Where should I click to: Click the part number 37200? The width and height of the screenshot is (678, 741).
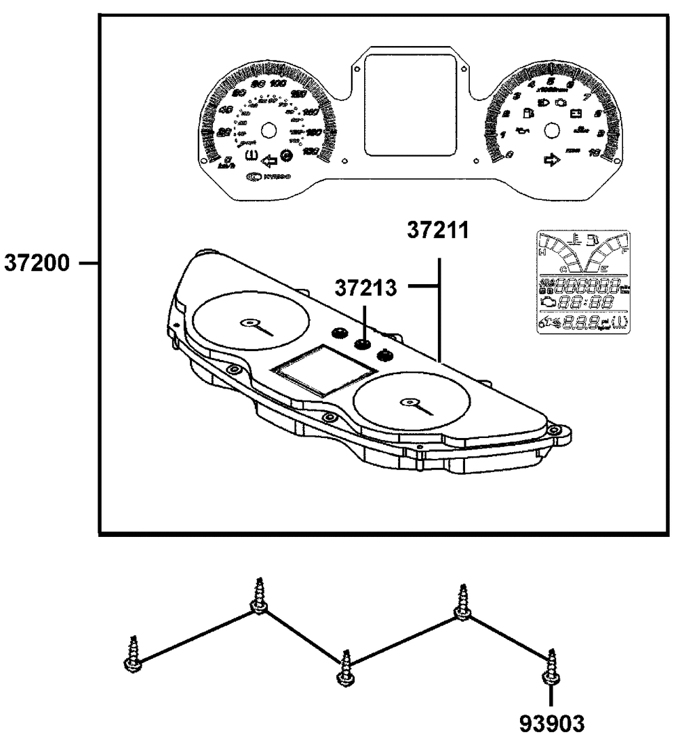coord(37,262)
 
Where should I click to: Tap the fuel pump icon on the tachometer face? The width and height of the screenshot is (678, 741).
coord(527,114)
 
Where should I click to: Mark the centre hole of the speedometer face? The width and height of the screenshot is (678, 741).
coord(268,130)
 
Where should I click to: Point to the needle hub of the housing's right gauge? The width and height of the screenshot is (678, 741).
coord(408,402)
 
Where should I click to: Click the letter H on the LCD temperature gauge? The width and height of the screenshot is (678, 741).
coord(542,252)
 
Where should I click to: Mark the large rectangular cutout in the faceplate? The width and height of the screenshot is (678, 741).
coord(410,104)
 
